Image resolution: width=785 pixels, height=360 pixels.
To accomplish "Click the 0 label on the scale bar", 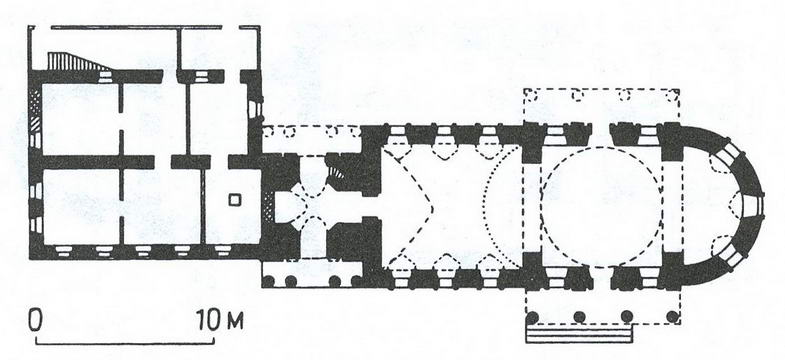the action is point(35,320).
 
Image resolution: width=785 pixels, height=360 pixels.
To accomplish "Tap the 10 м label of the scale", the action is point(219,320).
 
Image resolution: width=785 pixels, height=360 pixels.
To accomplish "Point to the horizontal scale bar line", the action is point(125,343).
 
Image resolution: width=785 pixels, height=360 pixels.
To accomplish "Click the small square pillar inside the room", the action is point(234,200).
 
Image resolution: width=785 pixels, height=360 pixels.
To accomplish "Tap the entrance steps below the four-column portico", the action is point(579,334).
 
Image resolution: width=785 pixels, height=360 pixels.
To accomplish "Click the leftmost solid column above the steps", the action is point(533,317).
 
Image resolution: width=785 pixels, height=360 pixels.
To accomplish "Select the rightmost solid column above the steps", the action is point(673,317).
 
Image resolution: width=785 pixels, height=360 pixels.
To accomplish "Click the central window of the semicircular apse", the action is point(753,205).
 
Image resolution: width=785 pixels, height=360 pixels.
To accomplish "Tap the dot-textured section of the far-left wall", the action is point(35,102).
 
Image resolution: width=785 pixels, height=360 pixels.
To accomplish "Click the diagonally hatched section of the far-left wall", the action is point(35,124).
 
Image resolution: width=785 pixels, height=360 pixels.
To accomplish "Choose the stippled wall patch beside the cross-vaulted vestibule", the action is point(270,204).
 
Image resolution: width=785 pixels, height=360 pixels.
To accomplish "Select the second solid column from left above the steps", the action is point(580,317).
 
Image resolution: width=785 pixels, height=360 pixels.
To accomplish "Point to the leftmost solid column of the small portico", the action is point(269,281).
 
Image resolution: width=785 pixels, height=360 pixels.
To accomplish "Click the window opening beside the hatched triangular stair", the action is point(105,76).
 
